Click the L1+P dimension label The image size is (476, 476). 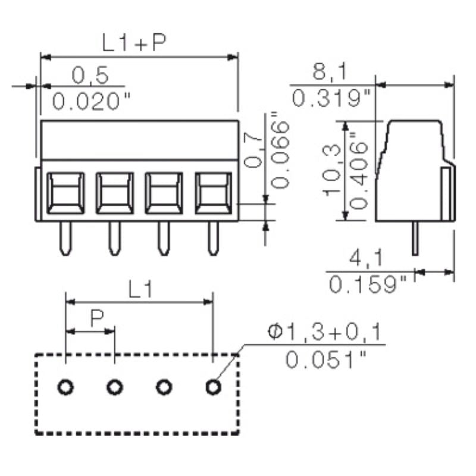click(x=134, y=43)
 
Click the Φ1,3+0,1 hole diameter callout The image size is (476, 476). click(x=324, y=332)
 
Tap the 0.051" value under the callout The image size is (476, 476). click(x=324, y=359)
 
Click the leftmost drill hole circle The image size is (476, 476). click(x=66, y=388)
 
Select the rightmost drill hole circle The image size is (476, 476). click(x=212, y=388)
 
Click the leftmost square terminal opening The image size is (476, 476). click(x=65, y=193)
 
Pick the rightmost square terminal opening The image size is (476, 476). click(x=212, y=193)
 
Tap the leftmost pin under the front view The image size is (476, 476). click(x=65, y=238)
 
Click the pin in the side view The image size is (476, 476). click(x=414, y=238)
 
